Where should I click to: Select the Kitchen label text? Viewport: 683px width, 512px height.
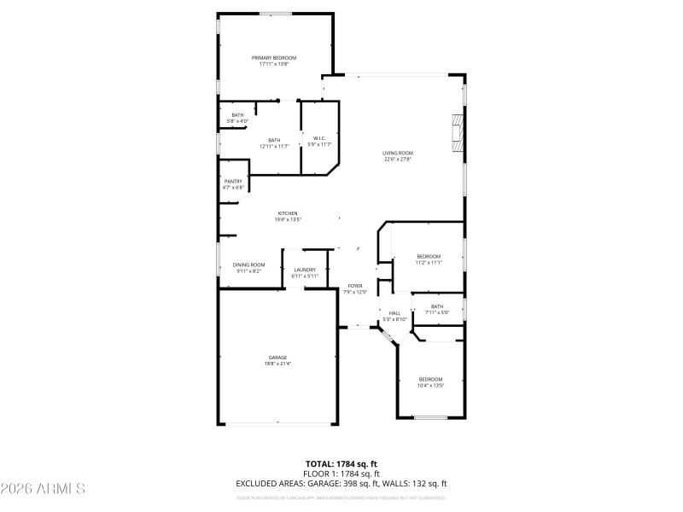tap(288, 217)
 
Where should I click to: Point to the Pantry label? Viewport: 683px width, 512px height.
tap(233, 183)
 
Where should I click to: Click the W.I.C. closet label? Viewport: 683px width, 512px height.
tap(318, 141)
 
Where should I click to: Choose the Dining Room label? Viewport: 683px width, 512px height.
tap(248, 268)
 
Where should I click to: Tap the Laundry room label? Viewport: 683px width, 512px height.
tap(305, 273)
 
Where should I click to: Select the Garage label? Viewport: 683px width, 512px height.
tap(277, 360)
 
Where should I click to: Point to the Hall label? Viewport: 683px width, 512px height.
tap(394, 316)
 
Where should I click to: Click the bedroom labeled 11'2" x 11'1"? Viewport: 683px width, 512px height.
tap(429, 259)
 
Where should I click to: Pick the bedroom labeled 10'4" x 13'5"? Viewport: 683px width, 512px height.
tap(430, 382)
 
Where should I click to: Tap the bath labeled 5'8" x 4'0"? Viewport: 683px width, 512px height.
tap(237, 118)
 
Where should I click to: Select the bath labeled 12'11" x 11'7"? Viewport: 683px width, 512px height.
tap(274, 143)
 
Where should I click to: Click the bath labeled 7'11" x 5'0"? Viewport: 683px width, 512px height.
tap(437, 310)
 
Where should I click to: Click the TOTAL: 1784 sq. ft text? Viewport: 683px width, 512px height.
tap(341, 464)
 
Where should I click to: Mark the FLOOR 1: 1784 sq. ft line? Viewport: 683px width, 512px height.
tap(341, 474)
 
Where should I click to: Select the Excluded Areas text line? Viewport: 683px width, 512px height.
tap(341, 484)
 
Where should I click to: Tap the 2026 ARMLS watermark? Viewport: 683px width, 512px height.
tap(43, 489)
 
